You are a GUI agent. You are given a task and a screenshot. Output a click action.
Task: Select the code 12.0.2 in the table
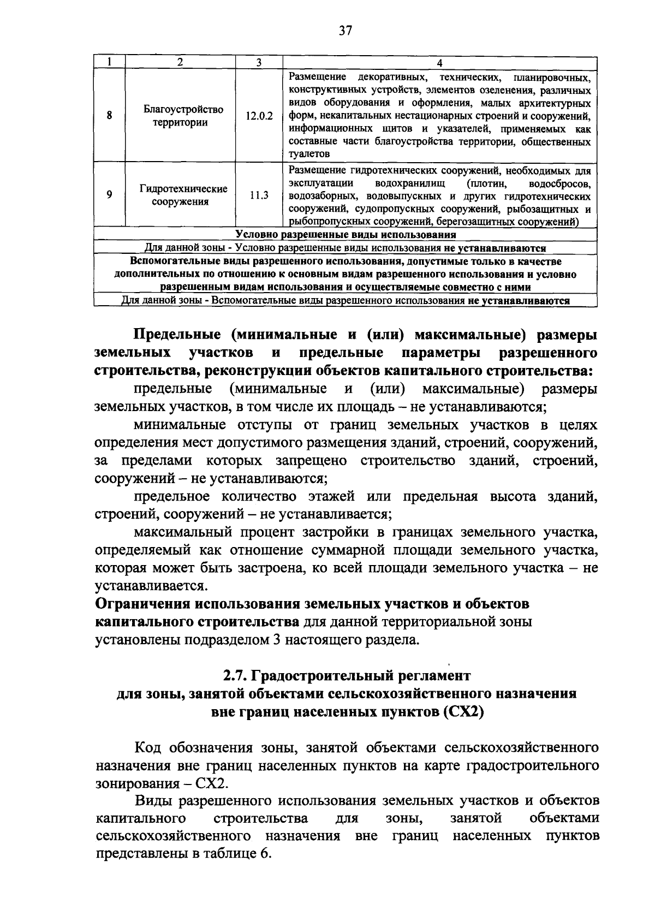(x=259, y=116)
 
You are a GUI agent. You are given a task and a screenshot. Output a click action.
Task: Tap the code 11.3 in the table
(x=259, y=194)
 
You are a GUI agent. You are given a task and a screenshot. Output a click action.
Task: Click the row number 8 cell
(x=110, y=116)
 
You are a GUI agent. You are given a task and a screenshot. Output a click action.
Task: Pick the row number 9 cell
(x=110, y=194)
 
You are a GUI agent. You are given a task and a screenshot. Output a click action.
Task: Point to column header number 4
(x=439, y=63)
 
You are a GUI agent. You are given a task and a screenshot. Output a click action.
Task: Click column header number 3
(x=259, y=63)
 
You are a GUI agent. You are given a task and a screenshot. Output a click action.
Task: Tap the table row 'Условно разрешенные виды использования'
(x=346, y=235)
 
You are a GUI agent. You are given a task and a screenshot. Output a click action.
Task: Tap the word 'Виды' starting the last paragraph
(x=150, y=801)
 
